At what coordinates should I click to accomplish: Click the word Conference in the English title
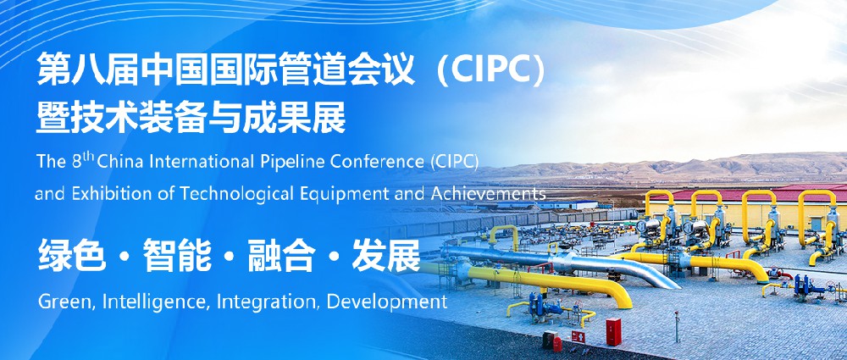(380, 162)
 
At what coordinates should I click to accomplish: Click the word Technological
(244, 193)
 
